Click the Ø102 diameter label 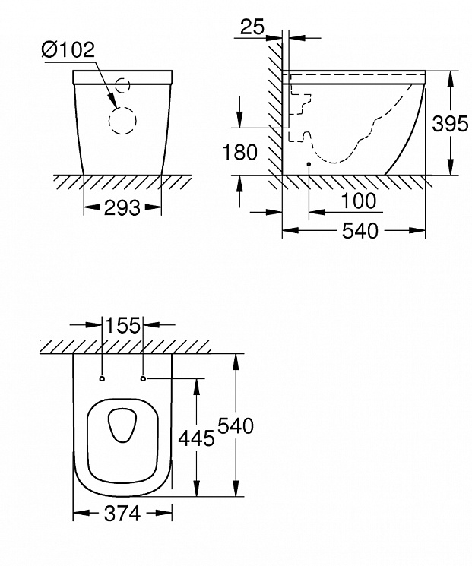click(68, 50)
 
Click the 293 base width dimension click(122, 208)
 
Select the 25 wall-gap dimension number click(252, 27)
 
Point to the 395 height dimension click(450, 124)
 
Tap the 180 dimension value click(239, 152)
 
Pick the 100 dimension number click(358, 201)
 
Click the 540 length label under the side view click(360, 231)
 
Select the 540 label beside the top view click(236, 425)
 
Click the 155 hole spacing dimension click(123, 325)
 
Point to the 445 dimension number click(197, 438)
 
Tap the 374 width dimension click(122, 514)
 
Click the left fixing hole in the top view click(102, 378)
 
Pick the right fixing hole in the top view click(144, 378)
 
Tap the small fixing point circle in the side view click(309, 164)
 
